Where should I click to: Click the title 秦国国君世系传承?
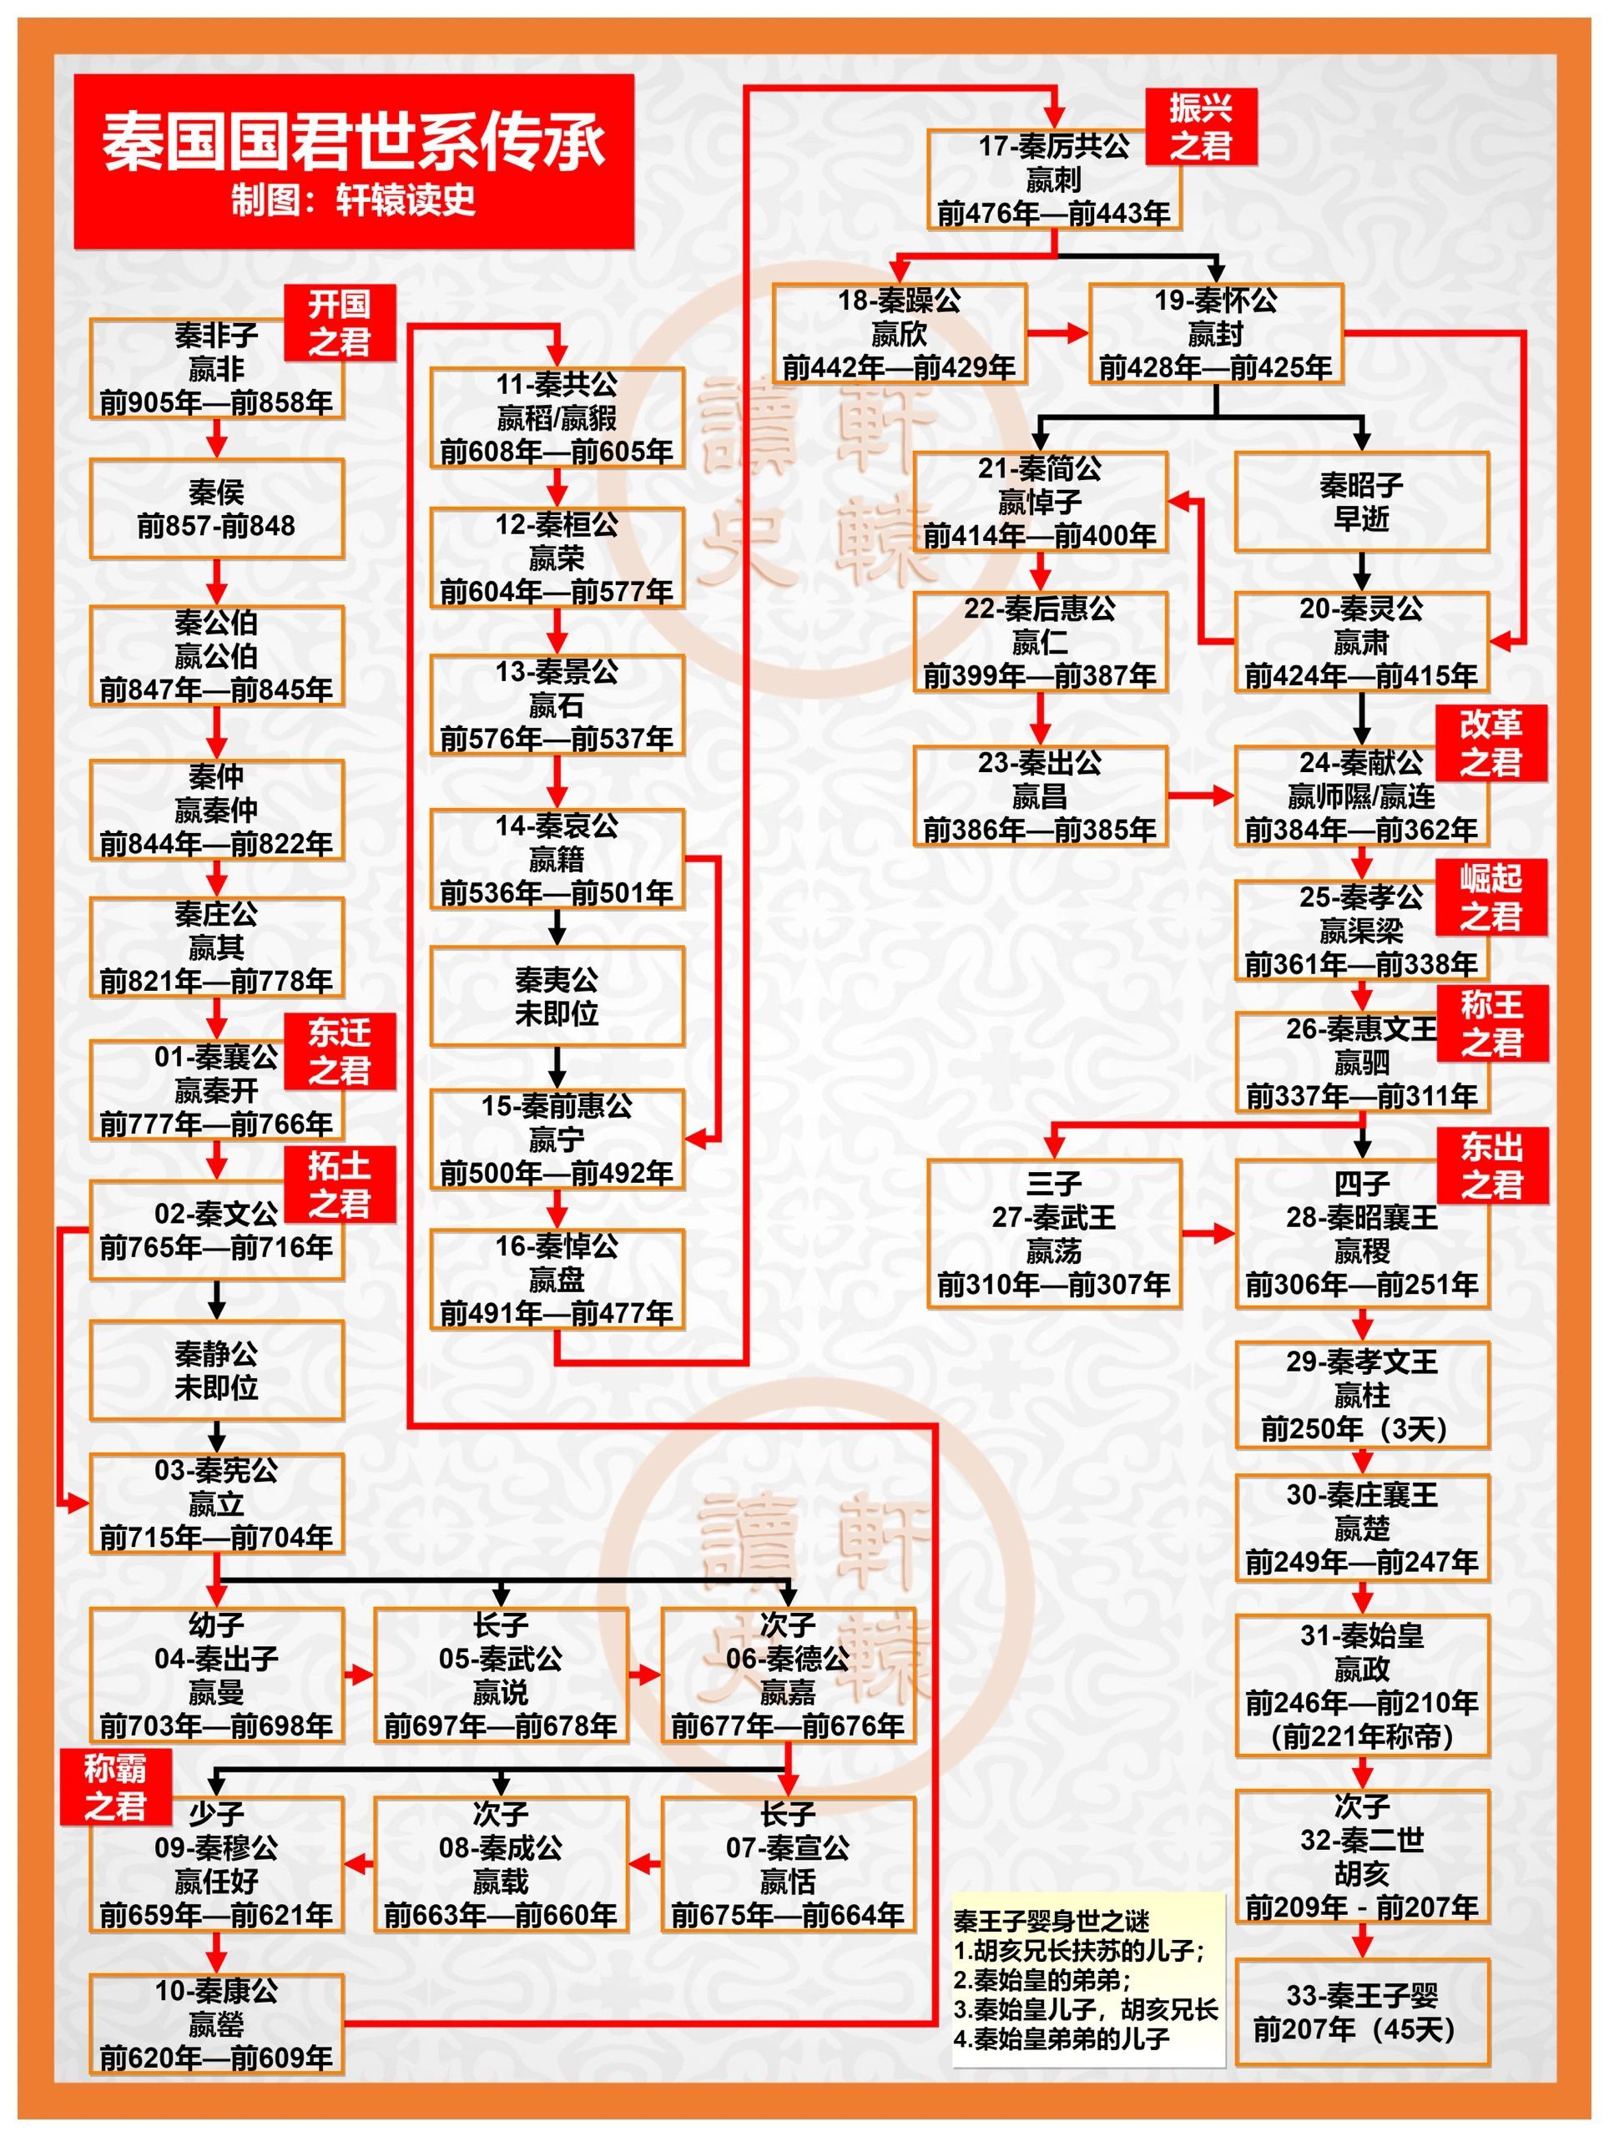[x=354, y=142]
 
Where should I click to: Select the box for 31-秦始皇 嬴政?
[x=1362, y=1686]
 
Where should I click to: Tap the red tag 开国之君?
[x=339, y=323]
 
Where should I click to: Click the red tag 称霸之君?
[x=116, y=1786]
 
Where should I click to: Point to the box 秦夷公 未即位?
[x=557, y=996]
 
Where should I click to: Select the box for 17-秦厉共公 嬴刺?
[x=1054, y=179]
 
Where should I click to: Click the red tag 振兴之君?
[x=1202, y=127]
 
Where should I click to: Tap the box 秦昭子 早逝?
[x=1362, y=502]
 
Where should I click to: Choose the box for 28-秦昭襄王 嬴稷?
[x=1362, y=1234]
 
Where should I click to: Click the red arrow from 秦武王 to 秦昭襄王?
[x=1208, y=1234]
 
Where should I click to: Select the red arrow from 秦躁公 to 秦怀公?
[x=1057, y=333]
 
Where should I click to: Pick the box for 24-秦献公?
[x=1362, y=796]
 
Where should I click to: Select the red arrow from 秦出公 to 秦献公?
[x=1202, y=796]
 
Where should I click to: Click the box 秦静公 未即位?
[x=216, y=1370]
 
